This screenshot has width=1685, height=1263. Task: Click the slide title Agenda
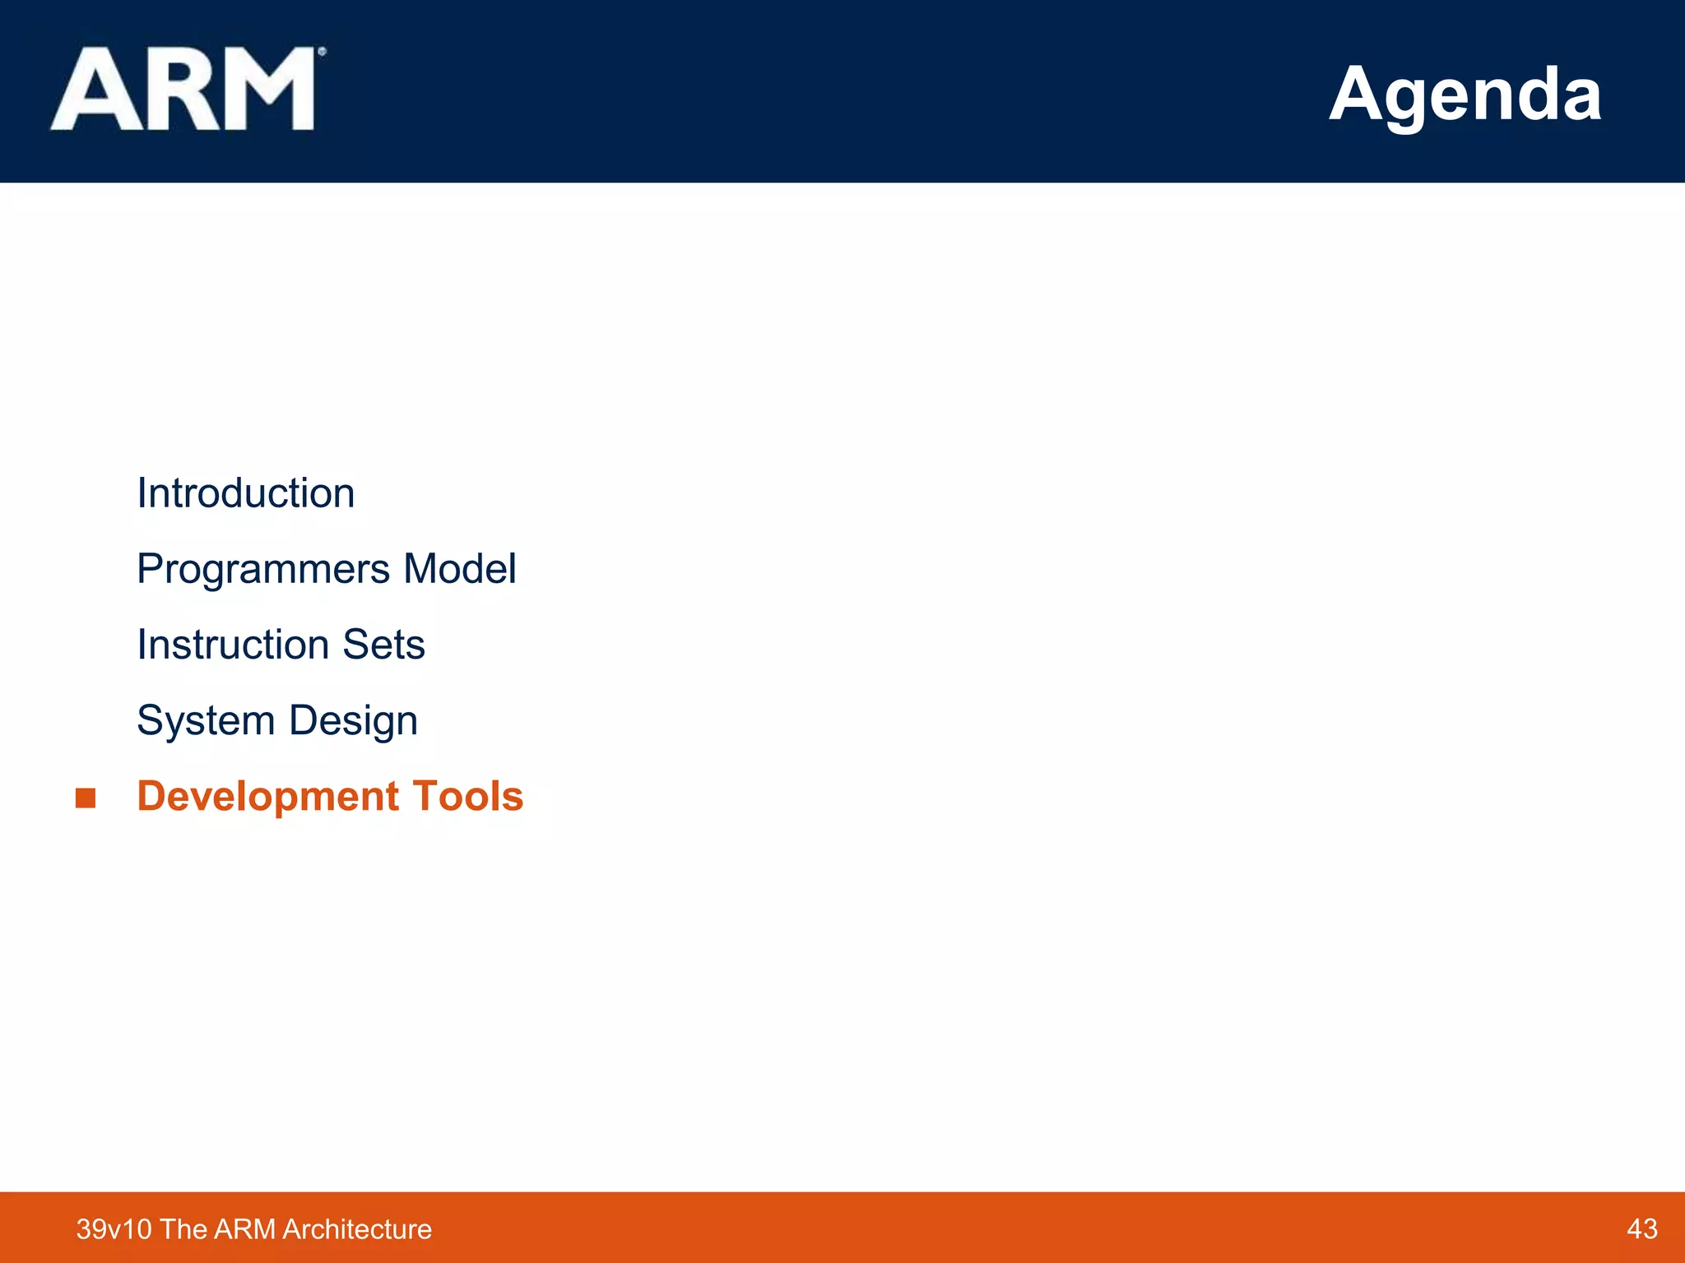point(1465,95)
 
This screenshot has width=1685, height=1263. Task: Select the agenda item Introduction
point(245,493)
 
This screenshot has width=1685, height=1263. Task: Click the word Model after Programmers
point(459,569)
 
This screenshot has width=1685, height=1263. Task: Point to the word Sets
point(383,645)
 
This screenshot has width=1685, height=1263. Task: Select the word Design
point(353,721)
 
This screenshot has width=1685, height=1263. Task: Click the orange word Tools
point(467,797)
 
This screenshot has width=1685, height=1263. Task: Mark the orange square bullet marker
point(86,798)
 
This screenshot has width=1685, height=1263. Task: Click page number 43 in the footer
point(1641,1228)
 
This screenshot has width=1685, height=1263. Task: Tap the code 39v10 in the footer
point(114,1229)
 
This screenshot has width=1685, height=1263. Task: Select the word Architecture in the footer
point(356,1229)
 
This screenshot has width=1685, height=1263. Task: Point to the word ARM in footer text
point(244,1229)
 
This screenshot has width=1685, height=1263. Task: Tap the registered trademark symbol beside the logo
point(322,52)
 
